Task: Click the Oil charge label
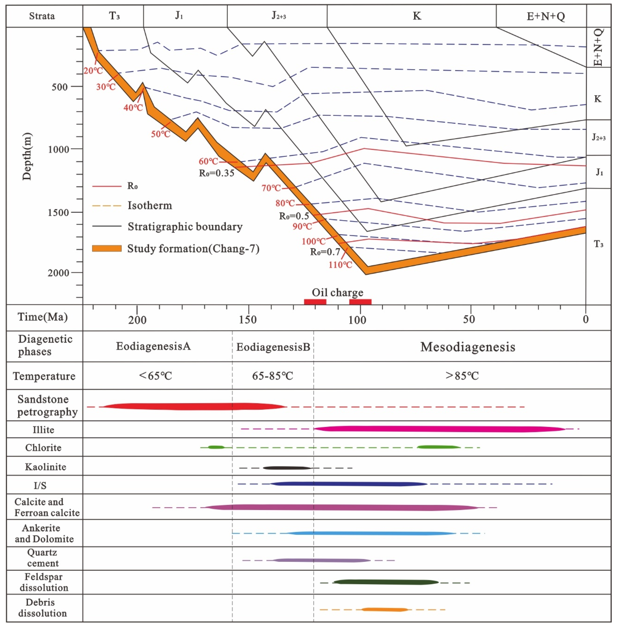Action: click(x=337, y=292)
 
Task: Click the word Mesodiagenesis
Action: click(x=468, y=347)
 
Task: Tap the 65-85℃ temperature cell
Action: click(x=273, y=376)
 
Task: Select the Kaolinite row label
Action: click(x=45, y=467)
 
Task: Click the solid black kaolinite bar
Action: click(x=287, y=468)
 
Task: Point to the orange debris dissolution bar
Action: click(x=385, y=610)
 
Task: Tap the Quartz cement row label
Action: click(x=42, y=558)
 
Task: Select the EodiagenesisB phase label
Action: click(x=273, y=347)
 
